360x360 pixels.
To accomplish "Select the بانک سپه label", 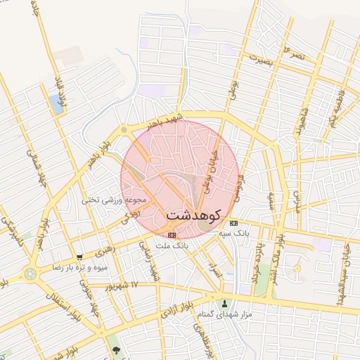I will pos(234,233).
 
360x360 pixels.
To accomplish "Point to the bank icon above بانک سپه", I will pos(234,222).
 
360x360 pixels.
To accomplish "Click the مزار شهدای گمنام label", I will pos(225,316).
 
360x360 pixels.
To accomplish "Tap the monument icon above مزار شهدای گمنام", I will pos(226,304).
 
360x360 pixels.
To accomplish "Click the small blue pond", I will pos(56,105).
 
